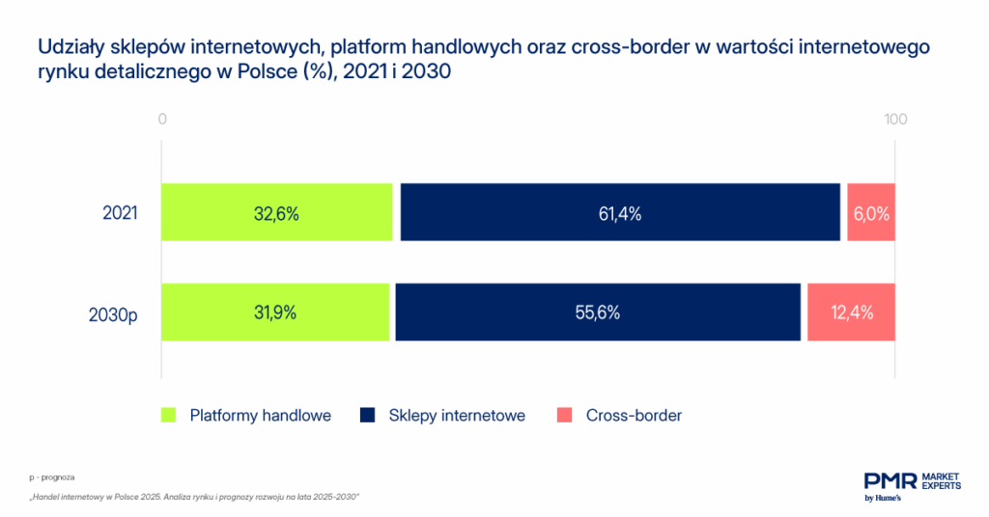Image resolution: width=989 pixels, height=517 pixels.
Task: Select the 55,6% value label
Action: coord(598,313)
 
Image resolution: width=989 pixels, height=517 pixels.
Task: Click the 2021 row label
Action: coord(121,213)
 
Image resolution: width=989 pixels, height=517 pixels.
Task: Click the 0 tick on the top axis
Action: coord(163,120)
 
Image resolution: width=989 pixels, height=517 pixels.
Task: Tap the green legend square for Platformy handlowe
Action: coord(169,416)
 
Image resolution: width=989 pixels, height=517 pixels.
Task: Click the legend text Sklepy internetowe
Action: coord(457,416)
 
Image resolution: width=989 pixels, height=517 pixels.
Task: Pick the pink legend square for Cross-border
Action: coord(565,416)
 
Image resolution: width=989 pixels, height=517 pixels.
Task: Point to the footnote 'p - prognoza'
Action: coord(52,477)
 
